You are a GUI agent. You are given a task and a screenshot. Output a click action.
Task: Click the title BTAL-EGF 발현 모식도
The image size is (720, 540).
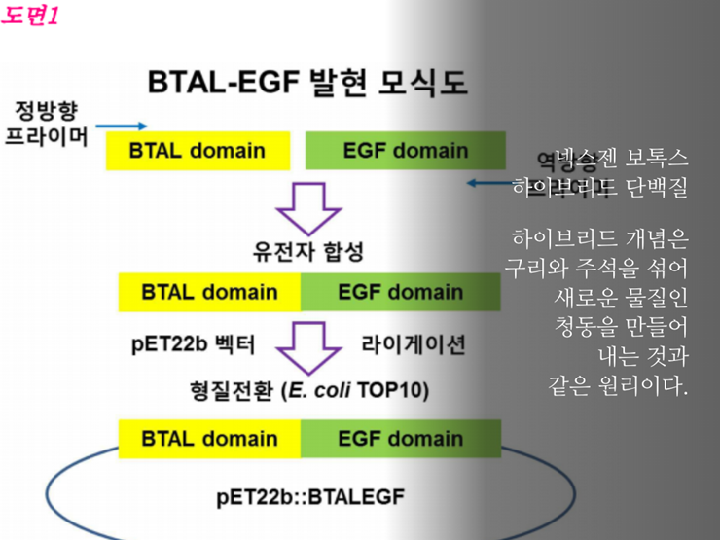click(x=307, y=83)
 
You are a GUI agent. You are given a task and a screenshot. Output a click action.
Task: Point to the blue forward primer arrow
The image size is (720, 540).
click(x=122, y=126)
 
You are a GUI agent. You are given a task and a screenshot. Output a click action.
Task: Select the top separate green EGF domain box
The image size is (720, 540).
click(x=405, y=151)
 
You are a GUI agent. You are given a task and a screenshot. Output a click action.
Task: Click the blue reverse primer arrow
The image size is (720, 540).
click(x=491, y=182)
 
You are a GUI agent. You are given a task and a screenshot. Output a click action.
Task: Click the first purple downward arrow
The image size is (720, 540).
click(x=308, y=206)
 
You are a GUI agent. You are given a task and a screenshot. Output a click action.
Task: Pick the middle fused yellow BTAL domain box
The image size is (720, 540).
click(x=209, y=292)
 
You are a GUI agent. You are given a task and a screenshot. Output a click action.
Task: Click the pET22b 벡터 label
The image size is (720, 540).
click(x=194, y=344)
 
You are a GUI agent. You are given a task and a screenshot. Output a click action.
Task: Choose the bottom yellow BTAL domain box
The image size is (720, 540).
click(x=209, y=438)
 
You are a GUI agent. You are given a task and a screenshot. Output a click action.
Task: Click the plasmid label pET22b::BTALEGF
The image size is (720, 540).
click(x=310, y=498)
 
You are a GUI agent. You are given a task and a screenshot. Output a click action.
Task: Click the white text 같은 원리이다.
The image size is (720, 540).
click(x=618, y=386)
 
